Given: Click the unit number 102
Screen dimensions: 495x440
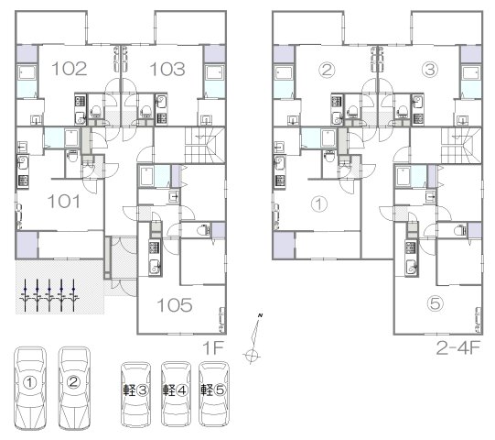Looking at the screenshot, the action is coord(70,69).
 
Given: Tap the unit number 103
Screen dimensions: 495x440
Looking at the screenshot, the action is coord(167,69).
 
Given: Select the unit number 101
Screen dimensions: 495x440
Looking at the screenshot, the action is coord(64,201).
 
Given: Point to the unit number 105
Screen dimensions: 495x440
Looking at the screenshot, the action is coord(175,305).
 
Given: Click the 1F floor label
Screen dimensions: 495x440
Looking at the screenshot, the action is coord(213,348).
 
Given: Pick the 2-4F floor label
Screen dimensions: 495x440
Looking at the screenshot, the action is coord(458,348).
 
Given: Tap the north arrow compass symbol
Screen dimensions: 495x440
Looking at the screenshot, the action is coord(253,338).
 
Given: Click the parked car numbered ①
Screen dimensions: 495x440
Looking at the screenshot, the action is coord(30,388).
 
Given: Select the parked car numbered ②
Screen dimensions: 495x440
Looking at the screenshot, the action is coord(74,388).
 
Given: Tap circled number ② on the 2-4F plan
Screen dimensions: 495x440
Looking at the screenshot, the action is coord(327,70).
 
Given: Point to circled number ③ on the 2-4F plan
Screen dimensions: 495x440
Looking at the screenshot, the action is coord(430,70).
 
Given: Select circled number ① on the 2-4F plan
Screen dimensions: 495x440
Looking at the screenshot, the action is coord(319,204).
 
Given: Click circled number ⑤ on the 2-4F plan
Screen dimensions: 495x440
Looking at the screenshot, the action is coord(435,303).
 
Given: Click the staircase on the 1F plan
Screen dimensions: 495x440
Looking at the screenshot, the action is coord(205,145).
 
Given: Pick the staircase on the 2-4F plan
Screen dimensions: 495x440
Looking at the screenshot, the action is coord(461,145).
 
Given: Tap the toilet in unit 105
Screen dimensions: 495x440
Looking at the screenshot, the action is coord(204,230).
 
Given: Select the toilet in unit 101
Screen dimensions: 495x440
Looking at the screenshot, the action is coord(73,155).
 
